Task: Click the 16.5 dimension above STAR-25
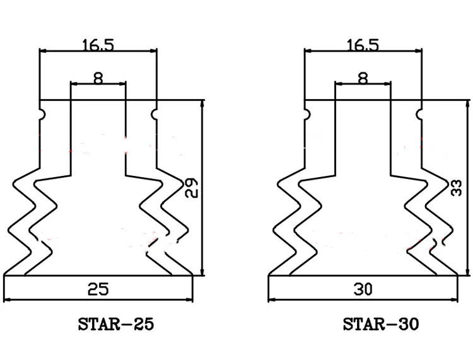pos(98,45)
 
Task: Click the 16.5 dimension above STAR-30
pos(363,45)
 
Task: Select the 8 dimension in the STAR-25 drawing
pos(98,79)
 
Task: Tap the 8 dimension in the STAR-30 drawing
pos(363,79)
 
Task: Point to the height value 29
pos(192,188)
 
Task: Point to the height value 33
pos(457,188)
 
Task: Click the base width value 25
pos(98,289)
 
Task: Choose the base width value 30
pos(363,289)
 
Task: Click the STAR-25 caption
pos(116,325)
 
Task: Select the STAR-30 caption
pos(381,325)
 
